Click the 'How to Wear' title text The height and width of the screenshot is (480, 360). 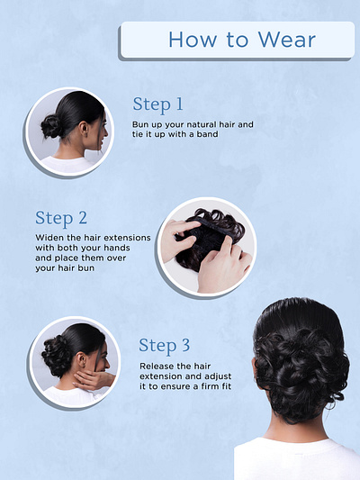click(x=242, y=40)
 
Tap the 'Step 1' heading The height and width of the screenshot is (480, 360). click(x=157, y=105)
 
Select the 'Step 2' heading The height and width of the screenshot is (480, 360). click(x=61, y=218)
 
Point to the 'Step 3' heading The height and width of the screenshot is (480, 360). click(x=165, y=346)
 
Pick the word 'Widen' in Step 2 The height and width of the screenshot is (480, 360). click(x=46, y=238)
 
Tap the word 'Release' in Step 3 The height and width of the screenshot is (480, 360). click(x=154, y=367)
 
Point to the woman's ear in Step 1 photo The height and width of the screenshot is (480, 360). click(x=84, y=129)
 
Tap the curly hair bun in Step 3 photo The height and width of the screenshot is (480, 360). click(x=56, y=356)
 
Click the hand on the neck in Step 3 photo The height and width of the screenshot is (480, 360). click(x=93, y=380)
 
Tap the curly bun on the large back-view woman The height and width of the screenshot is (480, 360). click(x=301, y=373)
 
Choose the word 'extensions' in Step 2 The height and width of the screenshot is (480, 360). click(x=130, y=238)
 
